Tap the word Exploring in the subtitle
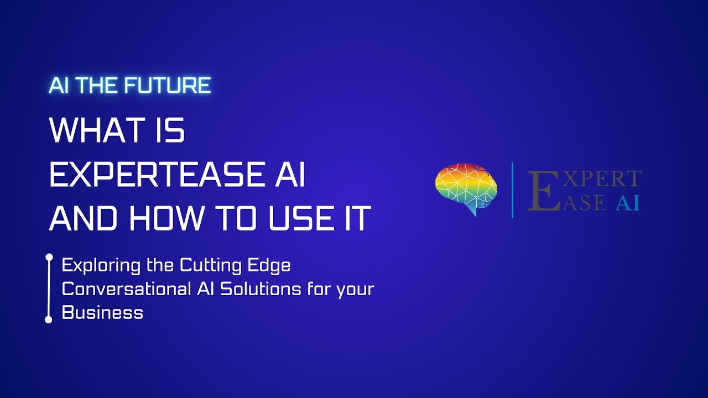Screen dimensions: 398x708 point(101,266)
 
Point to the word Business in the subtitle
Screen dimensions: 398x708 point(102,312)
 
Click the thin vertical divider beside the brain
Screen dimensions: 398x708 point(512,190)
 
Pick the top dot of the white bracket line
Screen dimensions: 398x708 point(49,257)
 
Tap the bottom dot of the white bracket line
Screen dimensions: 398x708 point(49,320)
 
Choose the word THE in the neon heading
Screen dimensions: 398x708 point(100,86)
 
